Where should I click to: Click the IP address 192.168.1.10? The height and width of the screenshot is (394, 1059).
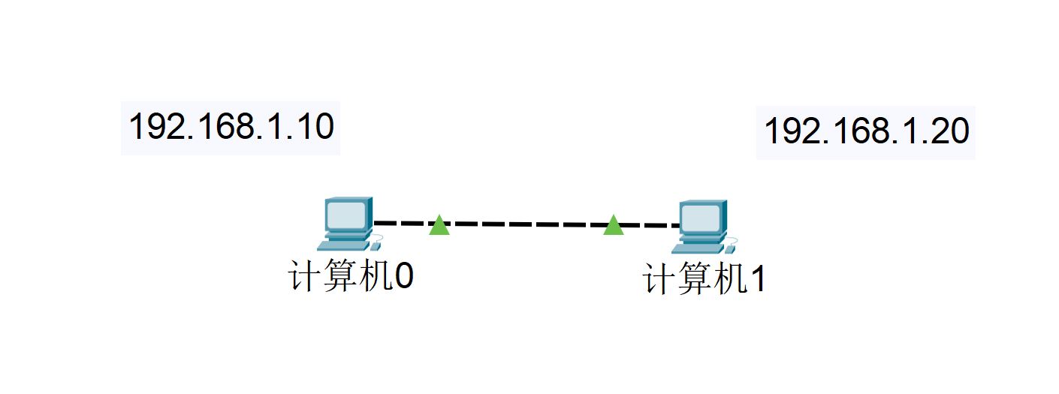point(231,128)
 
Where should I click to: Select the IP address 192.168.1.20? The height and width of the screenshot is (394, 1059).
point(866,132)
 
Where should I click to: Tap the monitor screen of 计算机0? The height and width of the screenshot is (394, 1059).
point(346,215)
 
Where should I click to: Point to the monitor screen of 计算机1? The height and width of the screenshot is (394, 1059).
point(700,218)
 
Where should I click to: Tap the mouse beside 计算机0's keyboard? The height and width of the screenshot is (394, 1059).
point(376,242)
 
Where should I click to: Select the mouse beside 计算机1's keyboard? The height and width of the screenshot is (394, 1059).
point(731,245)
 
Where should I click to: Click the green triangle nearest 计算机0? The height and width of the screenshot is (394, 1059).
point(439,225)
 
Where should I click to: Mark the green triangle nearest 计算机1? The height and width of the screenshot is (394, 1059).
point(614,225)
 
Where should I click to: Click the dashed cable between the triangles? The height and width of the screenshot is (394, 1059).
point(526,224)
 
